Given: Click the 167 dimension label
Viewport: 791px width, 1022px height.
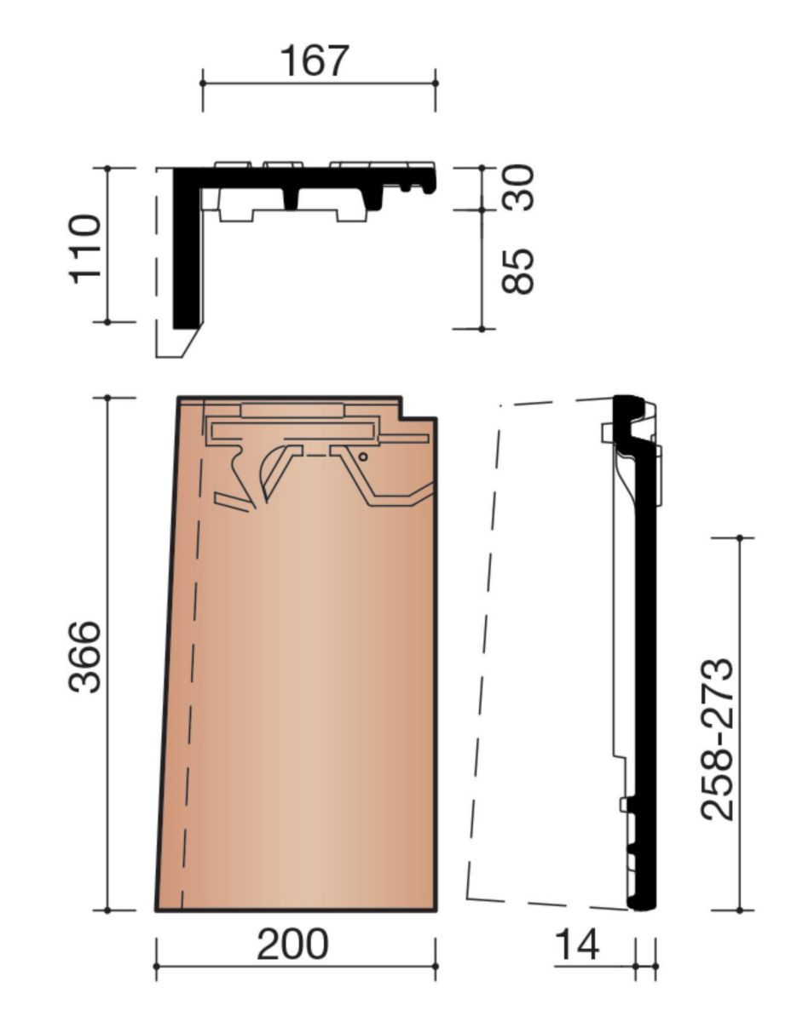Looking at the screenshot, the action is (x=315, y=60).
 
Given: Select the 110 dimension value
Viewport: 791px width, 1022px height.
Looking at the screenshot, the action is (x=85, y=250).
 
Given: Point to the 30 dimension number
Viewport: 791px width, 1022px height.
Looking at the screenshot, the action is (x=518, y=187).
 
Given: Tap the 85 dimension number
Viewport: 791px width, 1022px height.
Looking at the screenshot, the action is (x=518, y=271).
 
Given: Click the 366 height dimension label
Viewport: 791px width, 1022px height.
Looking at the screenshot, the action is (x=85, y=657).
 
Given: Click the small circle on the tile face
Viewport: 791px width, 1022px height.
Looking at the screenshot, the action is (x=363, y=456).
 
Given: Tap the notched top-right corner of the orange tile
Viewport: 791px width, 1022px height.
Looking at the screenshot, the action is (x=401, y=417).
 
